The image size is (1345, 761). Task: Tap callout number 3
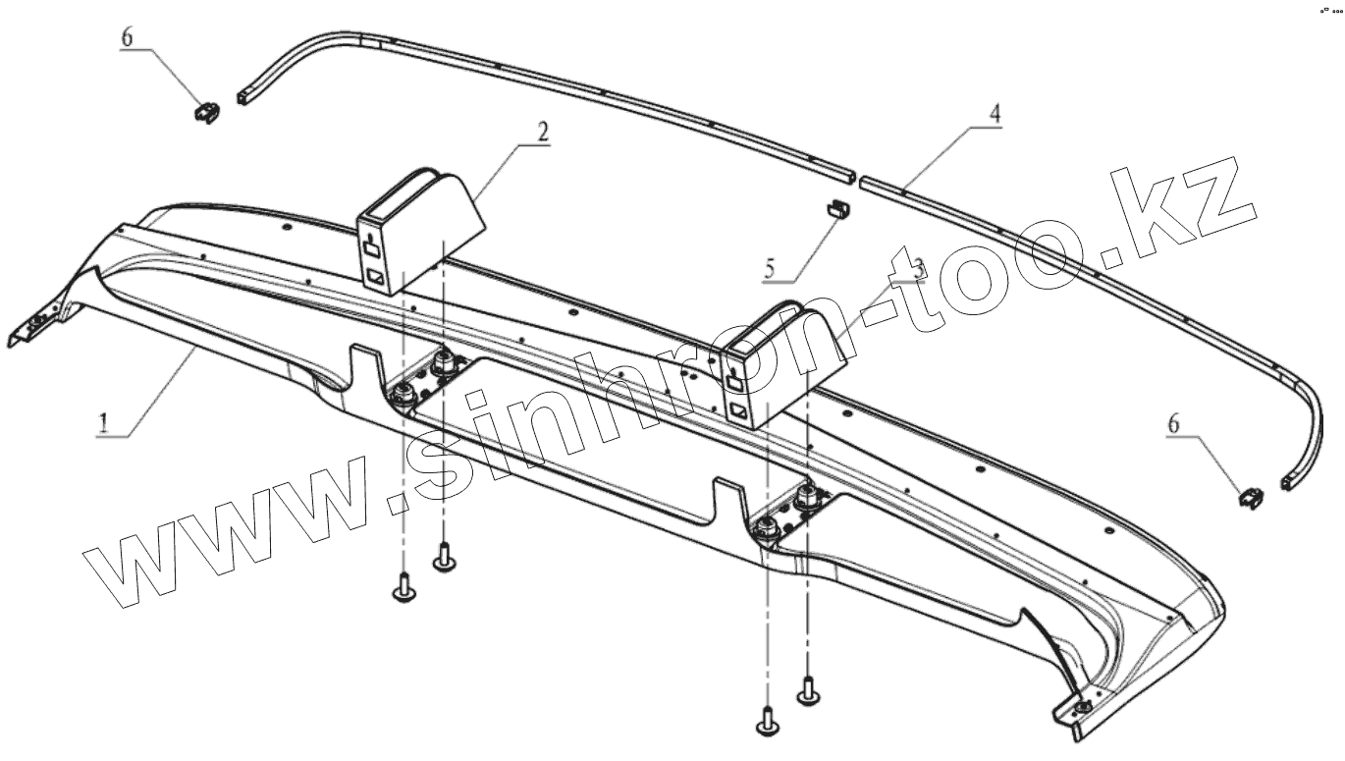(x=918, y=268)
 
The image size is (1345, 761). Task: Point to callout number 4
(x=995, y=114)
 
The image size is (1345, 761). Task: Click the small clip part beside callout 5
(x=836, y=208)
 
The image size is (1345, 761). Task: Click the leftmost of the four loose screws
(x=403, y=590)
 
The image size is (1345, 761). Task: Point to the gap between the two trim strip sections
(x=855, y=179)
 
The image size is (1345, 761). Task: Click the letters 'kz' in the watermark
(x=1192, y=211)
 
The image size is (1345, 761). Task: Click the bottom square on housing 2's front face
(x=376, y=278)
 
